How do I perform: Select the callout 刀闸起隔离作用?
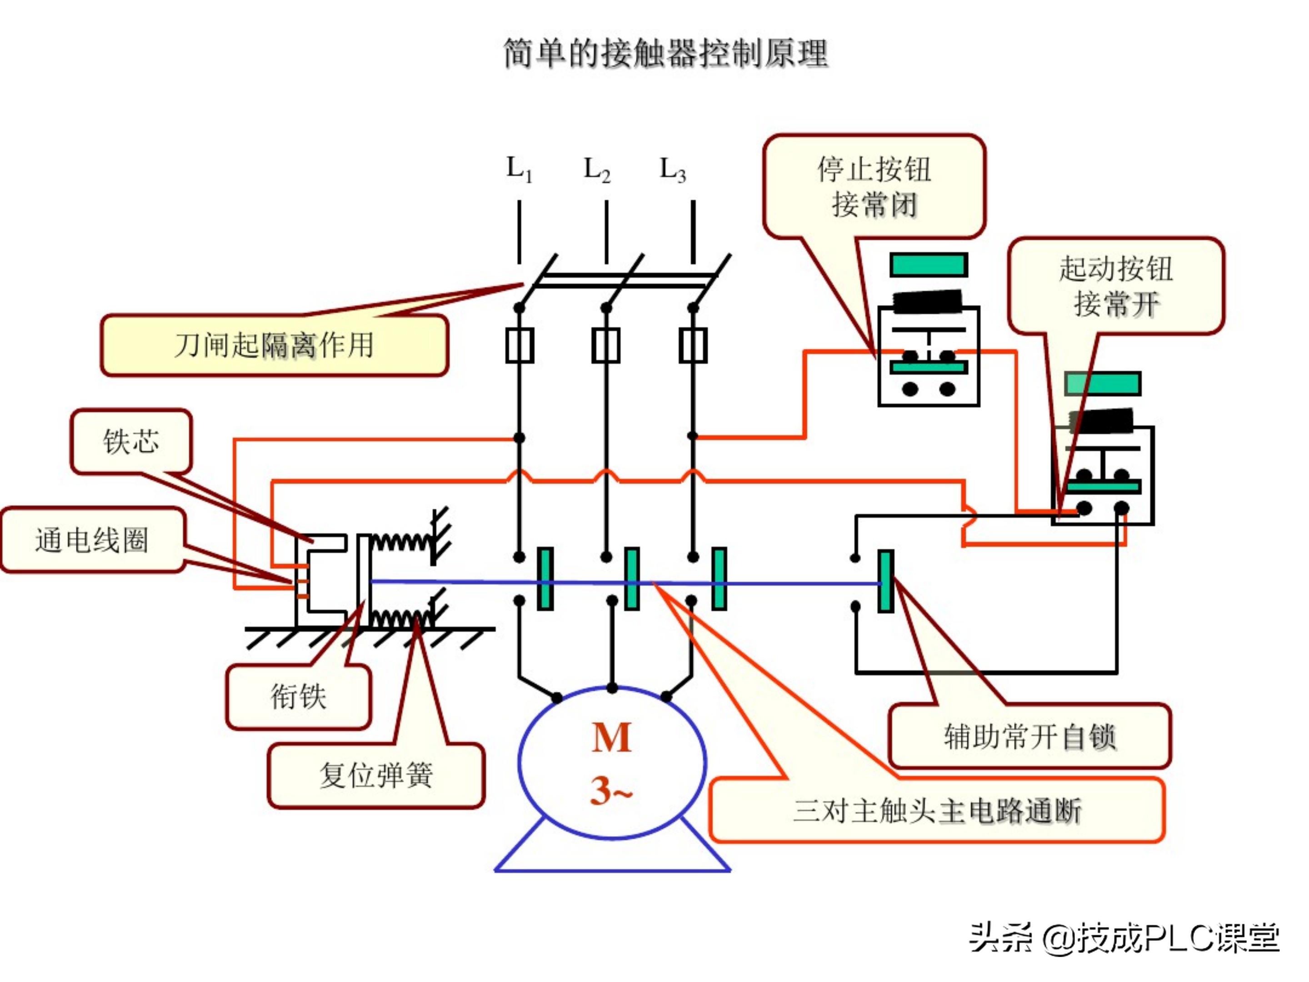[x=274, y=345]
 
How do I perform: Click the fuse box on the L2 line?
[x=606, y=345]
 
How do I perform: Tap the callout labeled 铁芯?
[x=131, y=441]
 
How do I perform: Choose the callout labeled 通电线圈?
[x=92, y=540]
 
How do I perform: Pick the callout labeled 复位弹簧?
[x=376, y=775]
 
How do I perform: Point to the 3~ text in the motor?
[x=611, y=791]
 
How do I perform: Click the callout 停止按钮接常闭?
[x=874, y=186]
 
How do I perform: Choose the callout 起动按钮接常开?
[x=1115, y=286]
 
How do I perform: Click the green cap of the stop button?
[x=929, y=265]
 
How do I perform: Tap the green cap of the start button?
[x=1103, y=384]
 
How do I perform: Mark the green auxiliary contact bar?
[x=885, y=581]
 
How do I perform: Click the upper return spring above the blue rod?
[x=400, y=541]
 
